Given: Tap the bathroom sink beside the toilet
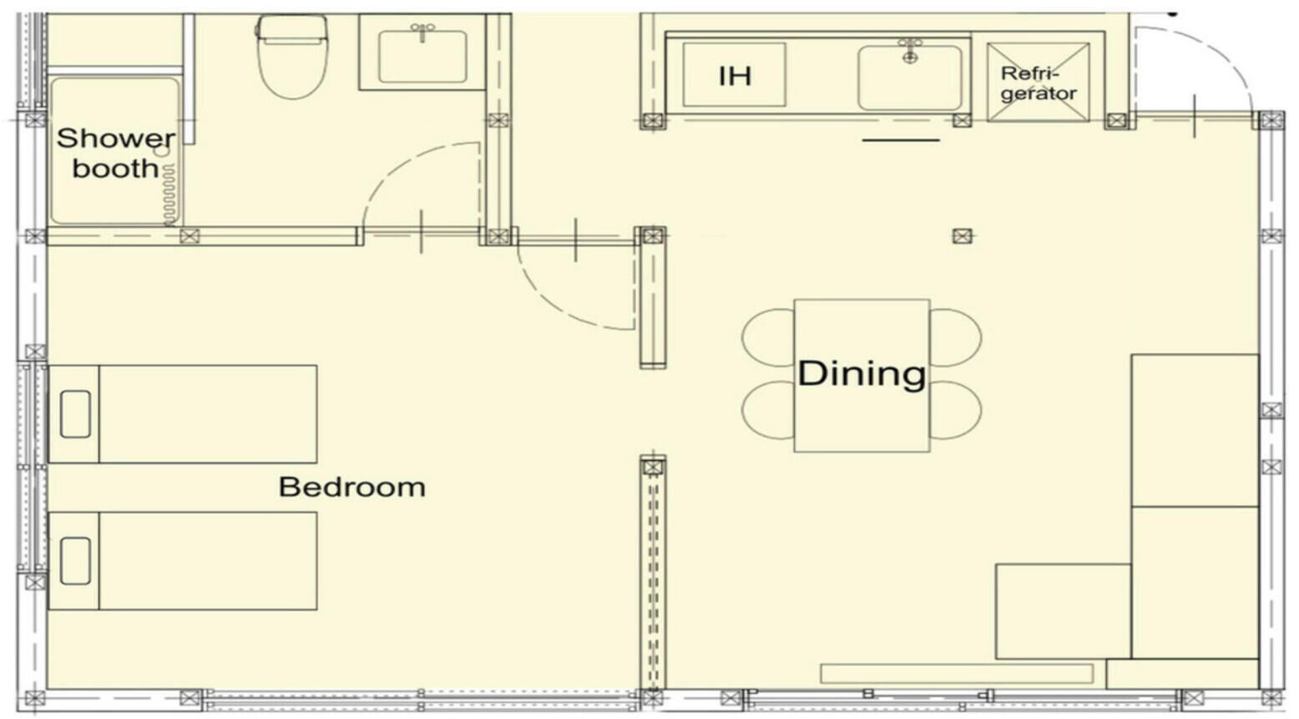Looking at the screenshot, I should [422, 57].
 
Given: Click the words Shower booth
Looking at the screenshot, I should [115, 153].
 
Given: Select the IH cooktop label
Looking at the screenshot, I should [735, 76].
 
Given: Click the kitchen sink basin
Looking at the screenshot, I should [909, 79].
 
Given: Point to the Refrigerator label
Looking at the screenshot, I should [1038, 84].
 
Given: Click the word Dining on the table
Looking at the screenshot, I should [862, 373].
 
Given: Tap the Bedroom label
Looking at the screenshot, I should [351, 487].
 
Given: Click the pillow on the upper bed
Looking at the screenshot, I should [75, 414].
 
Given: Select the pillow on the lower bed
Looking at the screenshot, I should [75, 561].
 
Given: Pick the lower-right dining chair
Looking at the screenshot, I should [956, 411].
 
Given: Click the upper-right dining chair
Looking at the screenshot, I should [956, 337].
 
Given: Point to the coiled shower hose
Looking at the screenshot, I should [169, 195].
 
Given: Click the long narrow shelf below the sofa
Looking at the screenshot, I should [957, 673].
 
